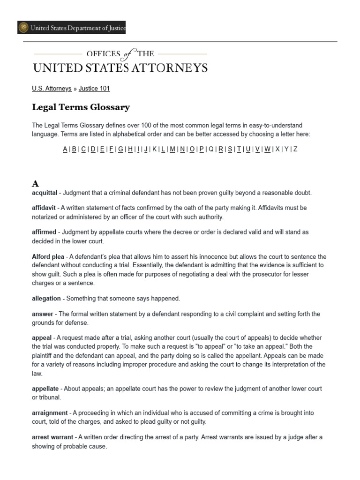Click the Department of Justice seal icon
point(23,28)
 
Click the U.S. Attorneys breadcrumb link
point(52,88)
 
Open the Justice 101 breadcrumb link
point(94,88)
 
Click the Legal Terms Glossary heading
point(81,107)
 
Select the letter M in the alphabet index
point(172,149)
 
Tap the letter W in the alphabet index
point(267,149)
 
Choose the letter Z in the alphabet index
point(295,149)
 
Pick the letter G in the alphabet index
point(120,149)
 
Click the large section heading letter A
point(36,184)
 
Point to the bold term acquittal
point(45,193)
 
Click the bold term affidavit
point(44,208)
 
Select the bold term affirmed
point(44,232)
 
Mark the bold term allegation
point(46,299)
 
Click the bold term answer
point(42,314)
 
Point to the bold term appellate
point(45,389)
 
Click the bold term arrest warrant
point(52,437)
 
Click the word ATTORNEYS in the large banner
point(168,68)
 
